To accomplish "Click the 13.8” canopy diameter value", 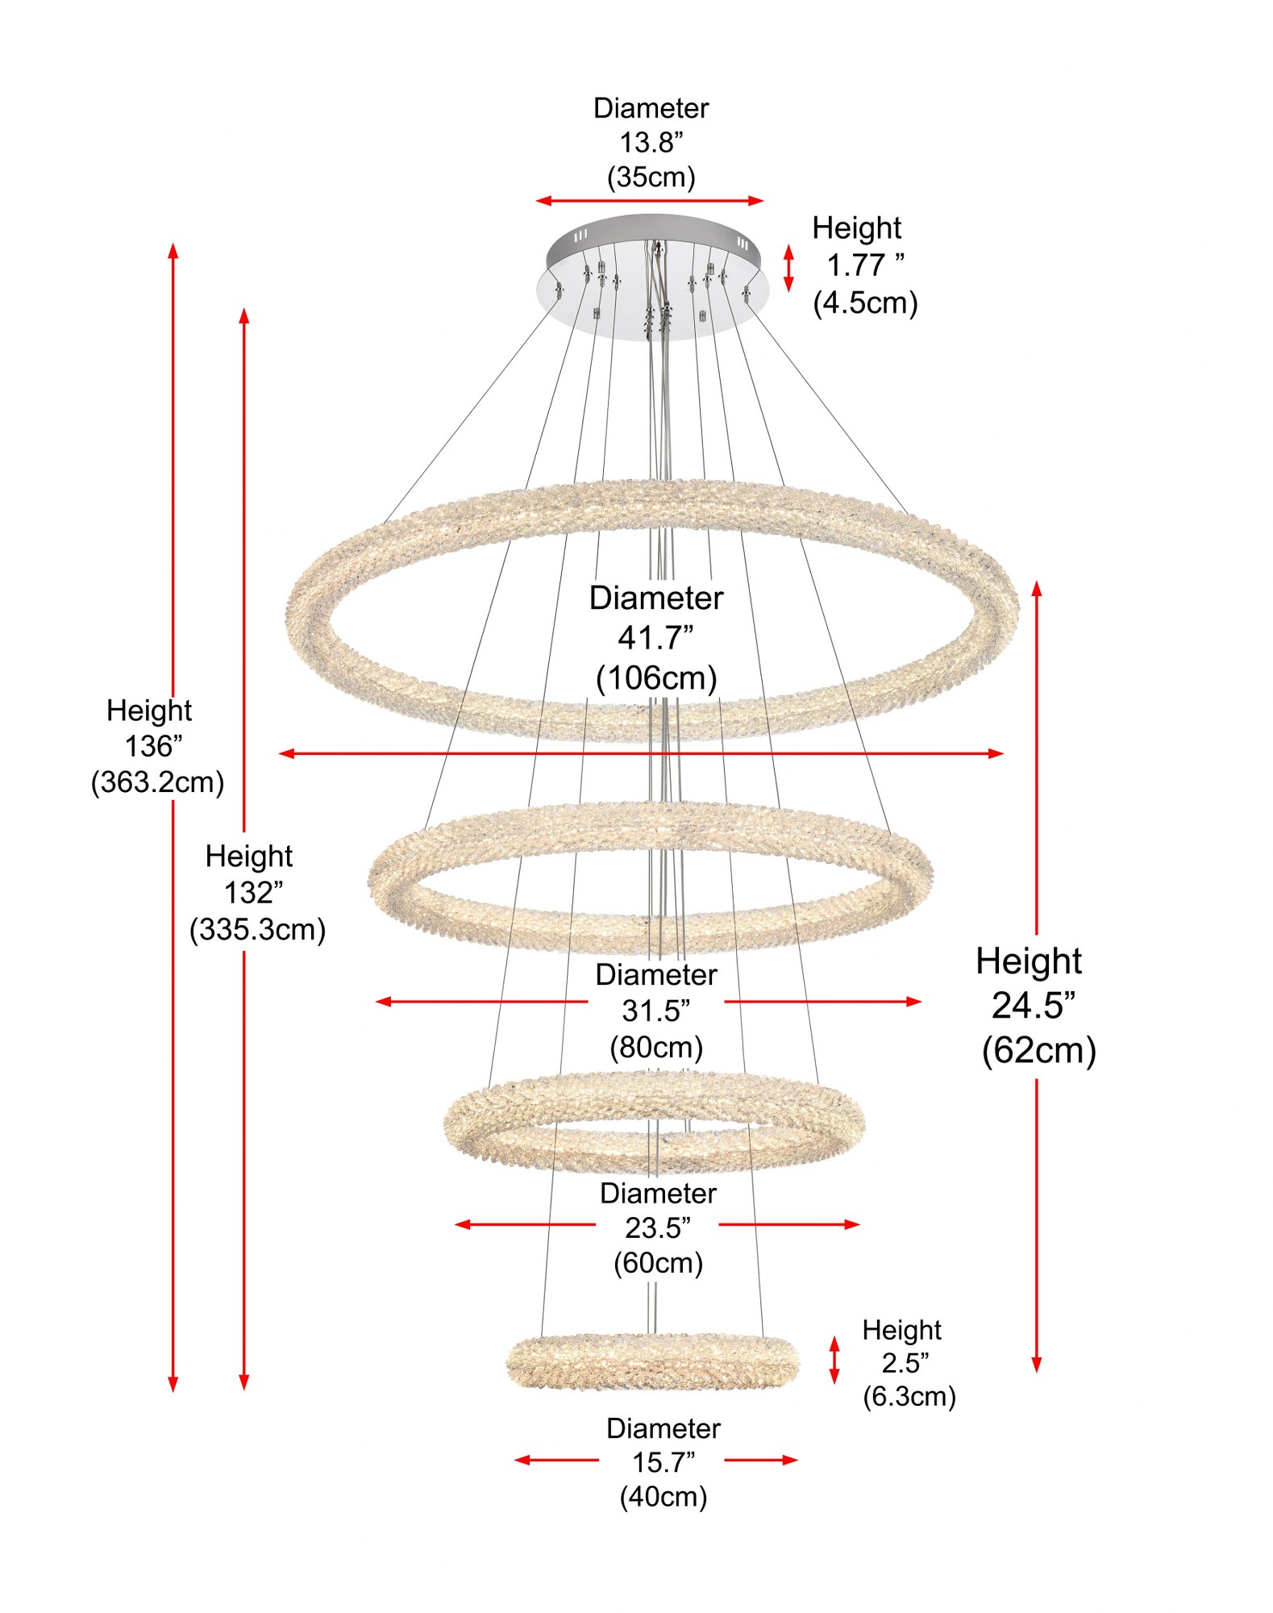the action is click(x=651, y=143).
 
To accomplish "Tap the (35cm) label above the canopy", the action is click(x=651, y=177).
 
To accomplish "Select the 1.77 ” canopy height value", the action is click(x=865, y=265).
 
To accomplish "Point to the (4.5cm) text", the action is click(x=865, y=303).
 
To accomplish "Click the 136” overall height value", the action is click(x=153, y=746).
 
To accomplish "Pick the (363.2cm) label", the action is click(x=157, y=782).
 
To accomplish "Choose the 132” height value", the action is click(x=253, y=893).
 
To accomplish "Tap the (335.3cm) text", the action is click(x=257, y=930).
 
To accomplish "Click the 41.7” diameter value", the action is click(x=655, y=638).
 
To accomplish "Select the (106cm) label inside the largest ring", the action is click(x=656, y=678).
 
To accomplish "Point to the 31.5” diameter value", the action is click(x=656, y=1011).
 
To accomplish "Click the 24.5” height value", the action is click(x=1033, y=1006).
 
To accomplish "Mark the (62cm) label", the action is click(x=1039, y=1051).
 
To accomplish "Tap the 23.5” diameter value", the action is click(x=658, y=1228).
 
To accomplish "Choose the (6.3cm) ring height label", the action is click(x=909, y=1396).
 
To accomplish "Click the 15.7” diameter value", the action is click(x=663, y=1462).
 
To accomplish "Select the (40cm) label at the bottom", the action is click(x=663, y=1497).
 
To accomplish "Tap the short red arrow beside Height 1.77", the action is click(x=788, y=268).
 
